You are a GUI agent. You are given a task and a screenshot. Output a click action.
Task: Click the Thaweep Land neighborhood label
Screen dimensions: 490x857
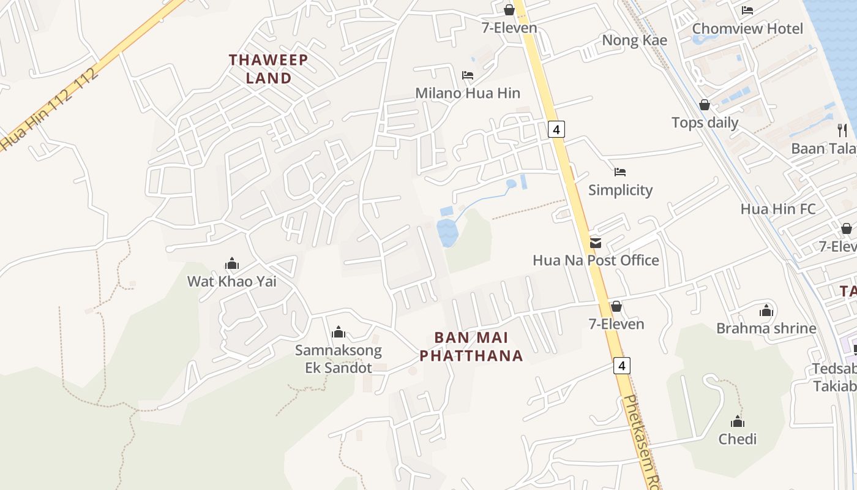coord(268,69)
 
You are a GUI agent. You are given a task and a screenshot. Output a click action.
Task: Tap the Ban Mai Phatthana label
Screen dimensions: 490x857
coord(480,346)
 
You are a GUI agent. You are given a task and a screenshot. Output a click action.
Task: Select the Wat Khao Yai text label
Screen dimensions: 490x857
coord(232,282)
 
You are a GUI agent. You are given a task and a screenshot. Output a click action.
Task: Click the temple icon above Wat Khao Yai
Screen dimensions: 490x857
coord(232,264)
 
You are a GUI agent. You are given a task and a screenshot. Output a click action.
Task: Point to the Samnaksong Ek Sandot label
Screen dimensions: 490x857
coord(338,359)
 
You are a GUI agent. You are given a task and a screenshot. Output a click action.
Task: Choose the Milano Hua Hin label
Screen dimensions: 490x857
coord(468,93)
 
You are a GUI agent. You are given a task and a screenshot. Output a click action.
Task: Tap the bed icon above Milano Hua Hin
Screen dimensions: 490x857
coord(468,75)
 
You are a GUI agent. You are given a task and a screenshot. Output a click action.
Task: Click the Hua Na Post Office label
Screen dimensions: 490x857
coord(596,260)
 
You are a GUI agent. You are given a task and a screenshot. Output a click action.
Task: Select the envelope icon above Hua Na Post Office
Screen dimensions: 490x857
coord(595,243)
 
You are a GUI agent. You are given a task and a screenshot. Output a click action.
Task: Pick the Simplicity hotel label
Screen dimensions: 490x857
coord(620,190)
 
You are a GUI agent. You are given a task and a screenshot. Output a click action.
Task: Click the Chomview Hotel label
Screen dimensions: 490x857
coord(747,29)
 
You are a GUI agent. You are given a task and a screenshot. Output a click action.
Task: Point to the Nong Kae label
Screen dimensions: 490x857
coord(634,40)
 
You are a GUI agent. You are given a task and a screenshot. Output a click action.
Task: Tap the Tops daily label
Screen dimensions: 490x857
coord(705,123)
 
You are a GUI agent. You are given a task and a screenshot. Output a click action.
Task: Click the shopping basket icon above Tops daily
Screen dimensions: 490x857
coord(705,105)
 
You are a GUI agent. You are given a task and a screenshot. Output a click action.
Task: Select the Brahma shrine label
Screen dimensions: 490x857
coord(766,328)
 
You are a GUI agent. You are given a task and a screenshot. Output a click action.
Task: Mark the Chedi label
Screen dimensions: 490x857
coord(738,439)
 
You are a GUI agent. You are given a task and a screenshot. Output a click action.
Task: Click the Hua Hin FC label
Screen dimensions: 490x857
coord(778,209)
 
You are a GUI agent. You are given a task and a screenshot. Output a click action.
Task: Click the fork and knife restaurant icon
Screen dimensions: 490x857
coord(842,130)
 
